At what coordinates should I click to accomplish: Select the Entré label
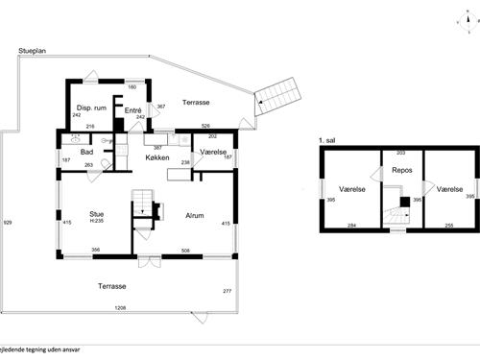133,110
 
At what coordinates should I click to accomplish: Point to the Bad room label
85,152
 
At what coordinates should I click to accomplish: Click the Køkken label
158,156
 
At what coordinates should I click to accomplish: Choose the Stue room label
96,215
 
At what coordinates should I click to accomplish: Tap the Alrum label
197,216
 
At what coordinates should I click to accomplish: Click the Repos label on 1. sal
402,171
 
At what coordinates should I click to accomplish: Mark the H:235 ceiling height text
96,223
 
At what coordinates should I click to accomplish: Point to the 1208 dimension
121,308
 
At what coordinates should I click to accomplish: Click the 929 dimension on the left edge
8,222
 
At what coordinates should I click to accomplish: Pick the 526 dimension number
205,125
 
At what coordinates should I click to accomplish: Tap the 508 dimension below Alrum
184,251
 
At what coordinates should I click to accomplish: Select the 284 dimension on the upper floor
351,226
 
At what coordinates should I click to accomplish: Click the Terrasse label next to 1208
113,287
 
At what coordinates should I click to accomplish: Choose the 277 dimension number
227,290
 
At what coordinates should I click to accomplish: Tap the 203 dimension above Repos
400,152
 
